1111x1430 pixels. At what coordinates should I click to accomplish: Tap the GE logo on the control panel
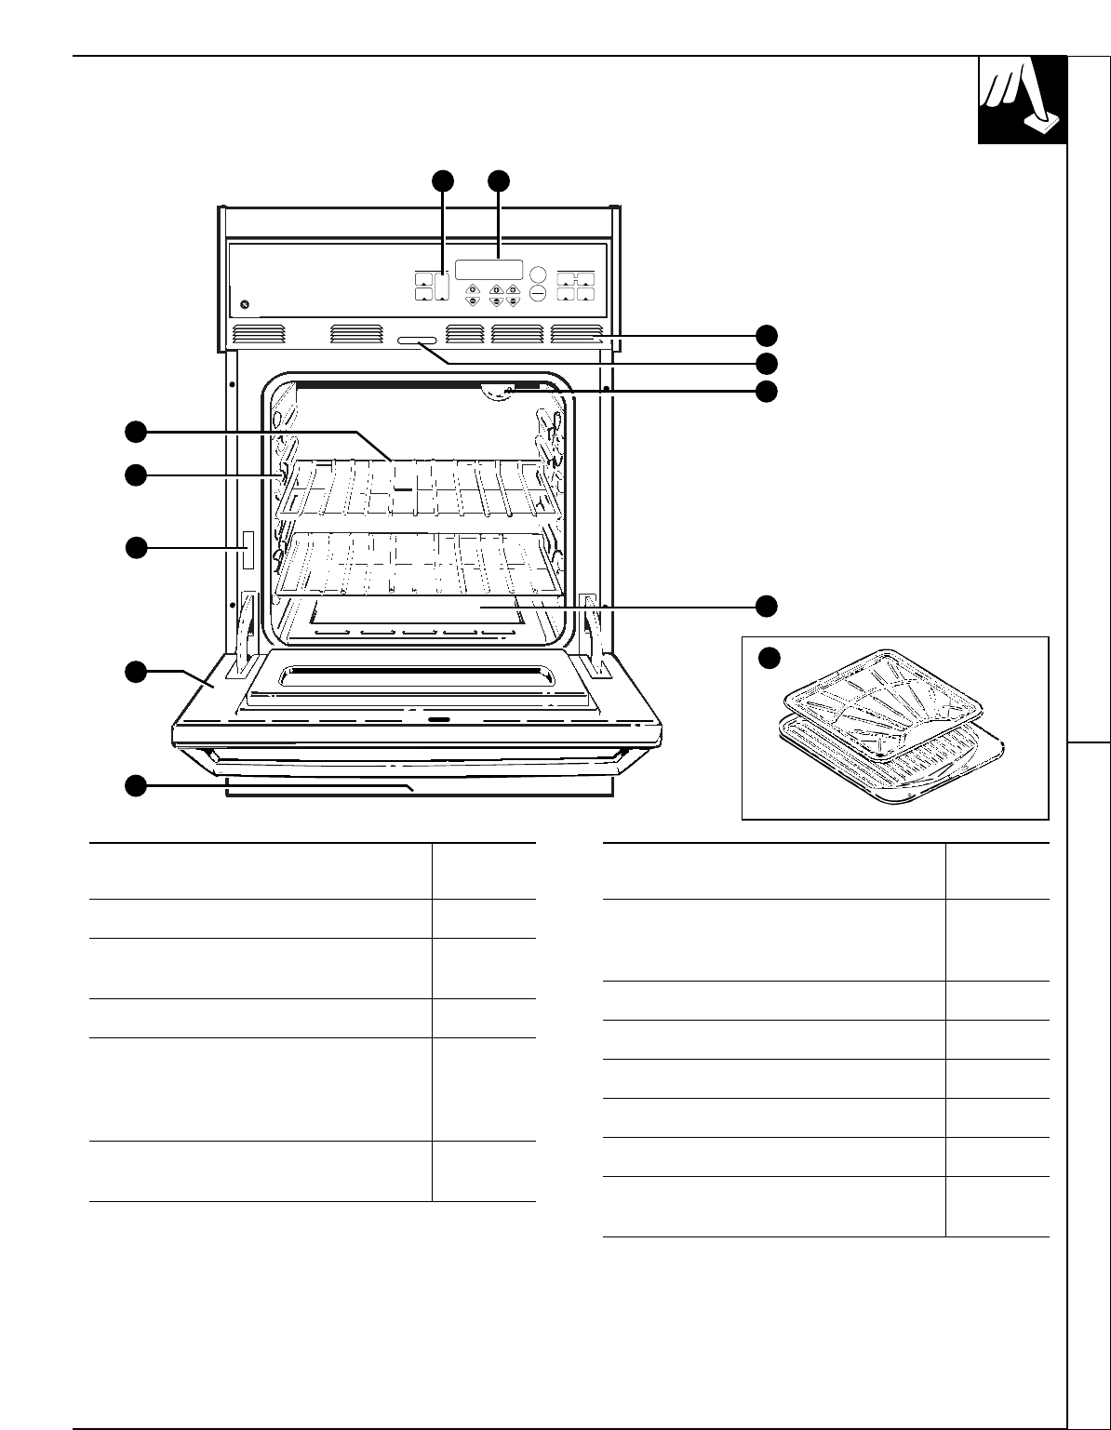coord(246,304)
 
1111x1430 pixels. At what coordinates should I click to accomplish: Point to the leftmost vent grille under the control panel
coord(257,334)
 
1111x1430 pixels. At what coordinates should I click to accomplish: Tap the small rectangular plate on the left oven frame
coord(248,549)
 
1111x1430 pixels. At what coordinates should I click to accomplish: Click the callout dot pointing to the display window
coord(500,181)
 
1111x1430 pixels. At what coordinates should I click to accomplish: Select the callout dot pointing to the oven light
coord(766,391)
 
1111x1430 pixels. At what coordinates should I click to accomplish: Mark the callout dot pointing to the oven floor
coord(766,606)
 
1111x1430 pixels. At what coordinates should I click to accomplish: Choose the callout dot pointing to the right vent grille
coord(766,335)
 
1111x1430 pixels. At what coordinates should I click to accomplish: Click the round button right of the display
coord(538,274)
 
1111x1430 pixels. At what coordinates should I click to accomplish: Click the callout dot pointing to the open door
coord(136,671)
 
